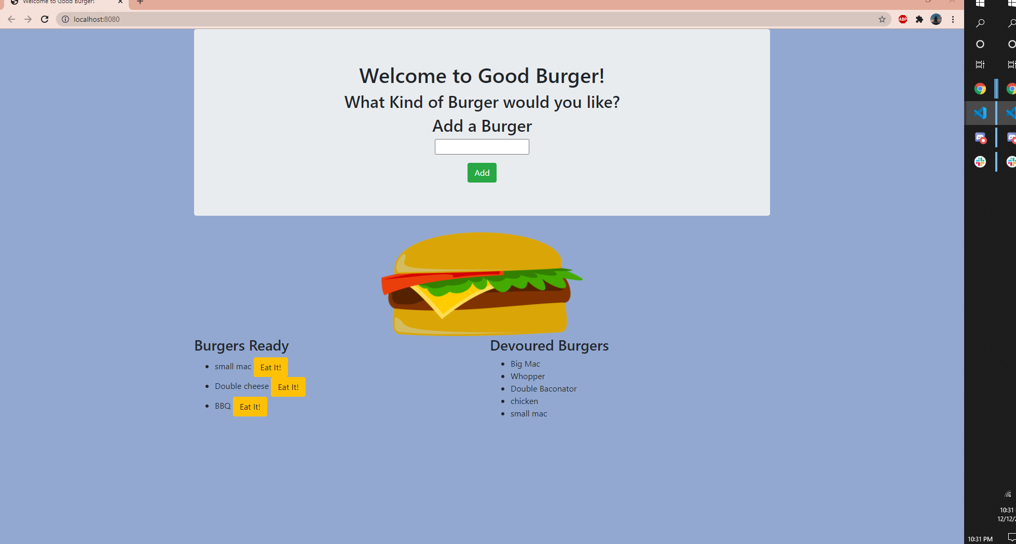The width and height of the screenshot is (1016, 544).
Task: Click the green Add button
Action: [x=482, y=173]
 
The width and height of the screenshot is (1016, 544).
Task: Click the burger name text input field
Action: [x=482, y=147]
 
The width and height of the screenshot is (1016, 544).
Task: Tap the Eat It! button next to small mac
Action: [x=270, y=367]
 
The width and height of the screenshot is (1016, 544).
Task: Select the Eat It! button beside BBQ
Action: [x=250, y=407]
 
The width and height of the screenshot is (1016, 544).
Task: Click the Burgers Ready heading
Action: [x=241, y=345]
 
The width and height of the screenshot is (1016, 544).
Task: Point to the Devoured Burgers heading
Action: [x=549, y=345]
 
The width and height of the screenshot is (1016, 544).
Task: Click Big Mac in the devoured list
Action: [x=525, y=364]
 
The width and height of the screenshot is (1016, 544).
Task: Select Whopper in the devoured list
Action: [x=527, y=376]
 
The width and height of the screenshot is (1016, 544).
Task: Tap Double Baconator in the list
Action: [x=543, y=389]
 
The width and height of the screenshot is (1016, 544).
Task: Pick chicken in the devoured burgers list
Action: [x=524, y=401]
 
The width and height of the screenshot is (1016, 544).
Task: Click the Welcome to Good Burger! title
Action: [x=482, y=76]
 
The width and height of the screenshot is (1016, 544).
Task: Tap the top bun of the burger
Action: [x=477, y=252]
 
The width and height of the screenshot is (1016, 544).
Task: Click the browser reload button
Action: [x=45, y=19]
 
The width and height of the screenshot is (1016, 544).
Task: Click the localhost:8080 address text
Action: [x=97, y=19]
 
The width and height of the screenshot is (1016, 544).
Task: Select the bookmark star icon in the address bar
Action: [x=882, y=19]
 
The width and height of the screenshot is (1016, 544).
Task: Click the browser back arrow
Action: [x=11, y=19]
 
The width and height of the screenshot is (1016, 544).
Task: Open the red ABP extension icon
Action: [x=903, y=19]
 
